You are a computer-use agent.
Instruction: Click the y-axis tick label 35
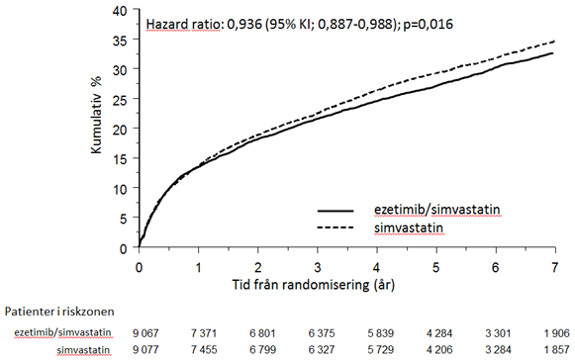point(120,40)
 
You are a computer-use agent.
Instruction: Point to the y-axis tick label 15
point(120,159)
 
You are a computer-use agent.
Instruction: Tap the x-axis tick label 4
point(377,268)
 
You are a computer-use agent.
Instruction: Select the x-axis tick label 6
point(496,268)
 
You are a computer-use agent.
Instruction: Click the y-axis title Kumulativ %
point(96,115)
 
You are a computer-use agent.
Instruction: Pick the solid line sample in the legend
point(335,211)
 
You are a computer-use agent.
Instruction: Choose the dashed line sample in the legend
point(335,227)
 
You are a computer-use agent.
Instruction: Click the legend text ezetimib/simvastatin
point(436,210)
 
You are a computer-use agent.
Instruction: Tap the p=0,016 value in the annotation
point(428,25)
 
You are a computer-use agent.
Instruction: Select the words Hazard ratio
point(183,25)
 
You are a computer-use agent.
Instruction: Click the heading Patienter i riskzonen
point(59,312)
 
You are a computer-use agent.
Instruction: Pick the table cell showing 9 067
point(145,333)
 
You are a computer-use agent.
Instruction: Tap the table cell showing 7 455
point(204,350)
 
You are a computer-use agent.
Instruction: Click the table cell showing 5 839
point(381,333)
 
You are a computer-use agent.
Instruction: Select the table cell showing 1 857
point(556,350)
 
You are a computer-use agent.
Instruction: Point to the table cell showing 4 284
point(439,333)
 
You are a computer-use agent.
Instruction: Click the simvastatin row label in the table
point(83,350)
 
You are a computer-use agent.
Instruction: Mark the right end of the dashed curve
point(554,42)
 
